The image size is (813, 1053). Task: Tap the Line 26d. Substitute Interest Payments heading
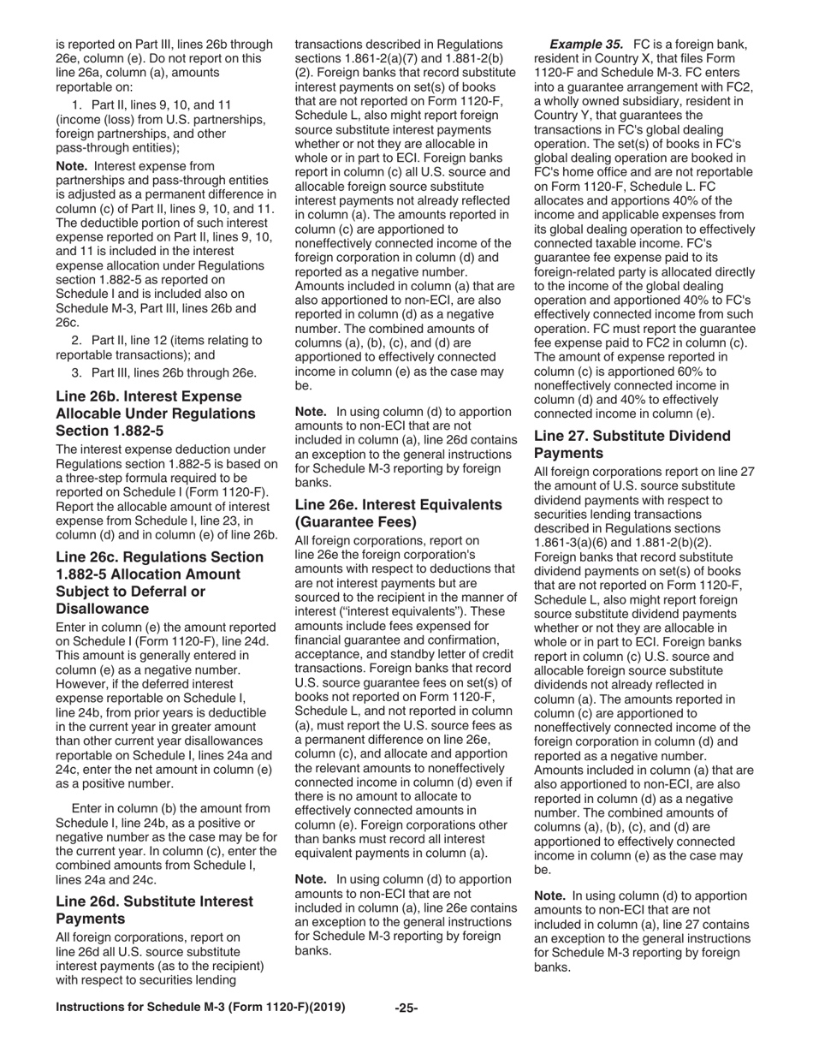point(154,910)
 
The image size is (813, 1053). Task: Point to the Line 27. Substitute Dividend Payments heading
point(632,443)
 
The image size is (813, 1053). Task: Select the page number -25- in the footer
point(406,1008)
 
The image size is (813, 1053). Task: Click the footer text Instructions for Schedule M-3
point(200,1008)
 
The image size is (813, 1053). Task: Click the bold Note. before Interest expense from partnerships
point(71,165)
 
